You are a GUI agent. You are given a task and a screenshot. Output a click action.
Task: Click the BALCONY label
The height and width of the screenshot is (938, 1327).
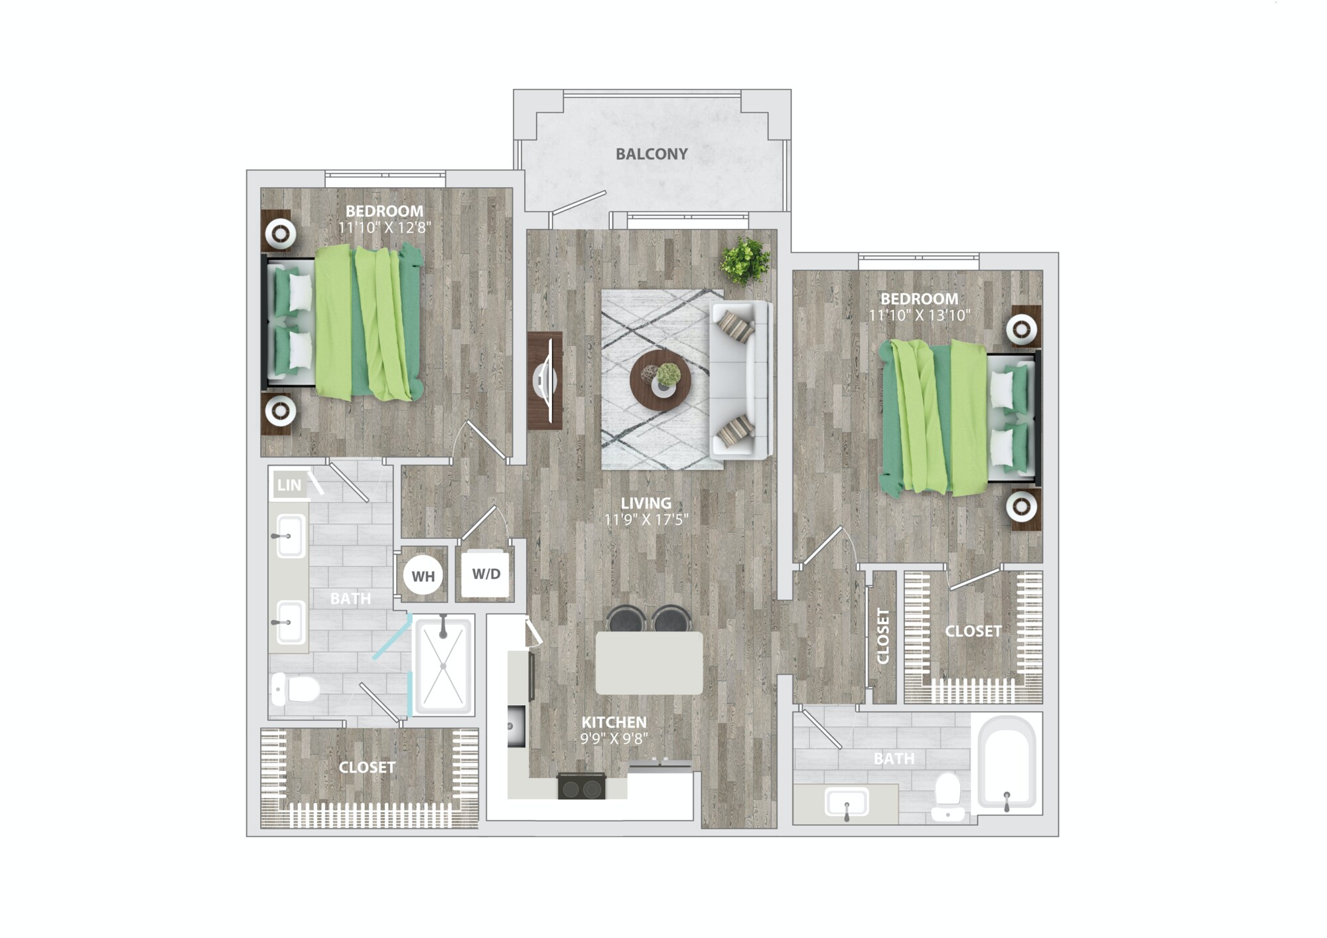click(651, 154)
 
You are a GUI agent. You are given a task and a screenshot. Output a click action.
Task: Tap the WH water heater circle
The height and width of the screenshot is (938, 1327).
click(423, 576)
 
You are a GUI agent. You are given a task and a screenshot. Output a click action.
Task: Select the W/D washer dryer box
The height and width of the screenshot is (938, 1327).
click(486, 574)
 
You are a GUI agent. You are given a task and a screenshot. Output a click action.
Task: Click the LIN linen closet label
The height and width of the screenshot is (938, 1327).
click(289, 485)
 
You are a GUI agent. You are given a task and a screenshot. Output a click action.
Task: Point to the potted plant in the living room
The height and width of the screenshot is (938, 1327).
click(746, 260)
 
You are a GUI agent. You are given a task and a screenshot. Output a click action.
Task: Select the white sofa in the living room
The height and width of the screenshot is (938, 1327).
click(742, 380)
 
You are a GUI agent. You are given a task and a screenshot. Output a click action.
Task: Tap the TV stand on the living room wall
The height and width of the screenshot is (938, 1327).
click(545, 381)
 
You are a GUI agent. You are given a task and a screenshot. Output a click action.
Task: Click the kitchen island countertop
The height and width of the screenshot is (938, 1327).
click(649, 663)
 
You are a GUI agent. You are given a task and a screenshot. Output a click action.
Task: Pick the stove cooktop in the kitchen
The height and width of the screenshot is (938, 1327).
click(581, 786)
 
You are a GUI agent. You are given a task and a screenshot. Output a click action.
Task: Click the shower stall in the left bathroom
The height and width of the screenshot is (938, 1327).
click(443, 664)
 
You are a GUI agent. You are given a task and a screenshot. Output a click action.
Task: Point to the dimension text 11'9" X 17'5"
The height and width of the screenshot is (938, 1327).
click(646, 519)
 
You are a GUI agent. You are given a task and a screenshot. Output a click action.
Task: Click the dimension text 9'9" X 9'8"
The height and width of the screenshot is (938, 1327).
click(614, 738)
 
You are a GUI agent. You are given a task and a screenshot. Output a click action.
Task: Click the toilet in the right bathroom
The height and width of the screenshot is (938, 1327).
click(947, 796)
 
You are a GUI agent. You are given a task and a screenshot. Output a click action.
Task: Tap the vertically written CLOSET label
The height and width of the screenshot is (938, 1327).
click(883, 635)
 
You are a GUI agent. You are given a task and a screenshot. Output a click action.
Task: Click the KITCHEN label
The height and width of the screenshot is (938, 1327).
click(614, 722)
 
